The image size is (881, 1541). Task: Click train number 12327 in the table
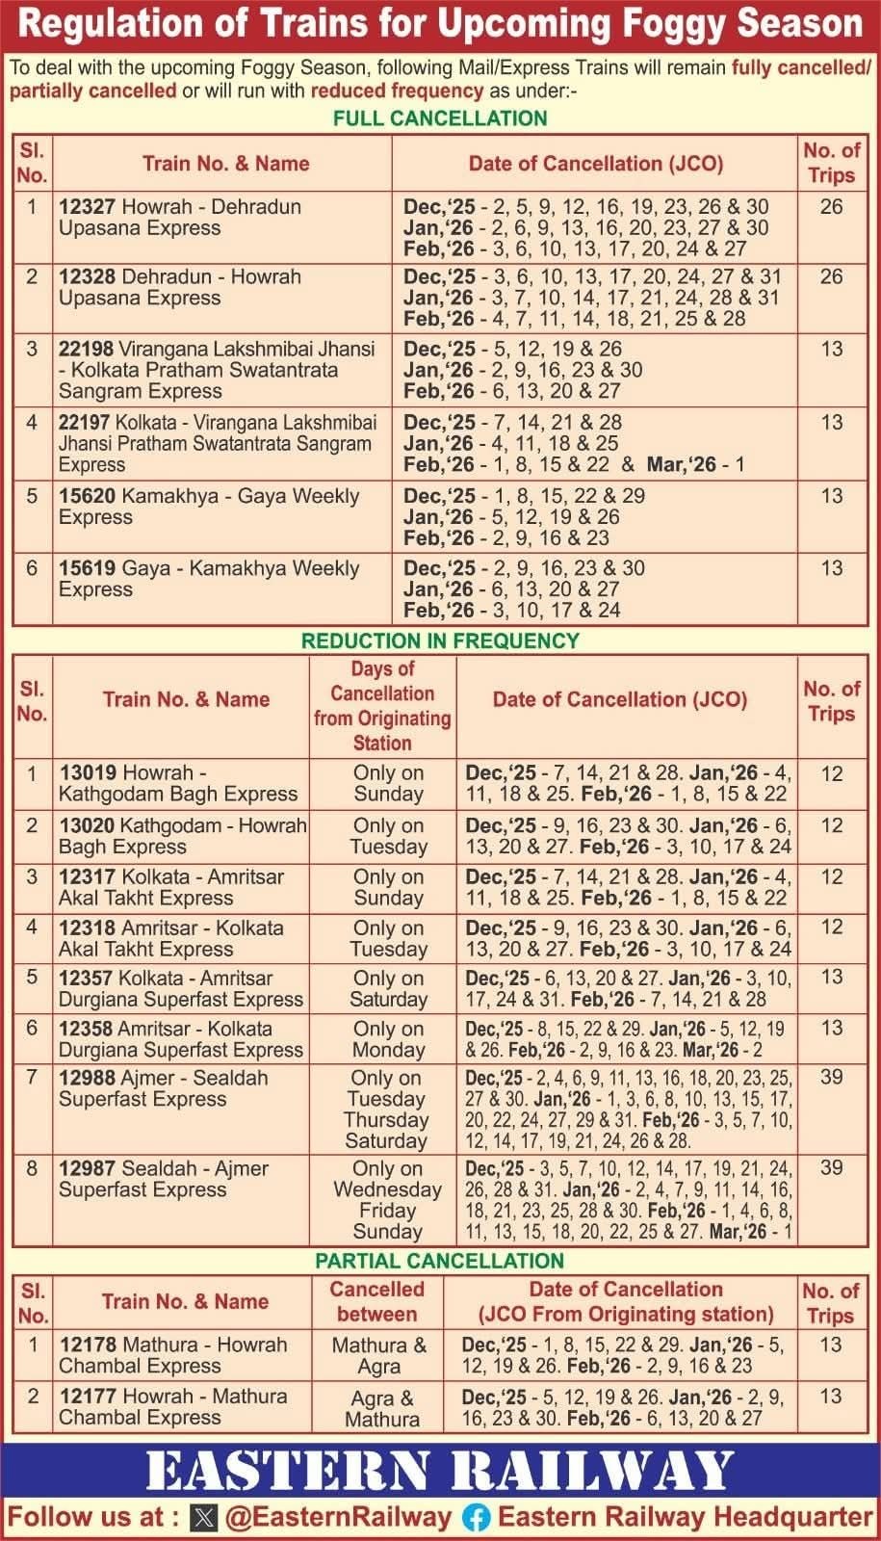(x=88, y=207)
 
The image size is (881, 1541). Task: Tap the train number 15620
(x=88, y=496)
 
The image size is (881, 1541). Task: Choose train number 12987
(x=88, y=1168)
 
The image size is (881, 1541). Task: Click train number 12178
(x=88, y=1345)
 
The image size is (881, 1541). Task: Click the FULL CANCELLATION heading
(x=440, y=118)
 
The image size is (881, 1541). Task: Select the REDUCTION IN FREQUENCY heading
(x=440, y=640)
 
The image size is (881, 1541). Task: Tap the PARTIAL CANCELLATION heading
(x=440, y=1261)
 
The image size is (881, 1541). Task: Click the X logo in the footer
(x=204, y=1518)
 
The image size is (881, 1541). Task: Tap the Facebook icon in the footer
(x=476, y=1518)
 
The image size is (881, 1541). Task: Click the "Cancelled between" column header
(x=377, y=1301)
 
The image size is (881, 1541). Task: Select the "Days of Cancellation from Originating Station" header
(x=382, y=706)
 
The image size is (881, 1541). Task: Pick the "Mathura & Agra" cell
(x=378, y=1355)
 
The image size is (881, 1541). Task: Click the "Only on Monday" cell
(x=388, y=1039)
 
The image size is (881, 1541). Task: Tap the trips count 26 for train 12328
(x=831, y=277)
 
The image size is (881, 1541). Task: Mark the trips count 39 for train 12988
(x=831, y=1078)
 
